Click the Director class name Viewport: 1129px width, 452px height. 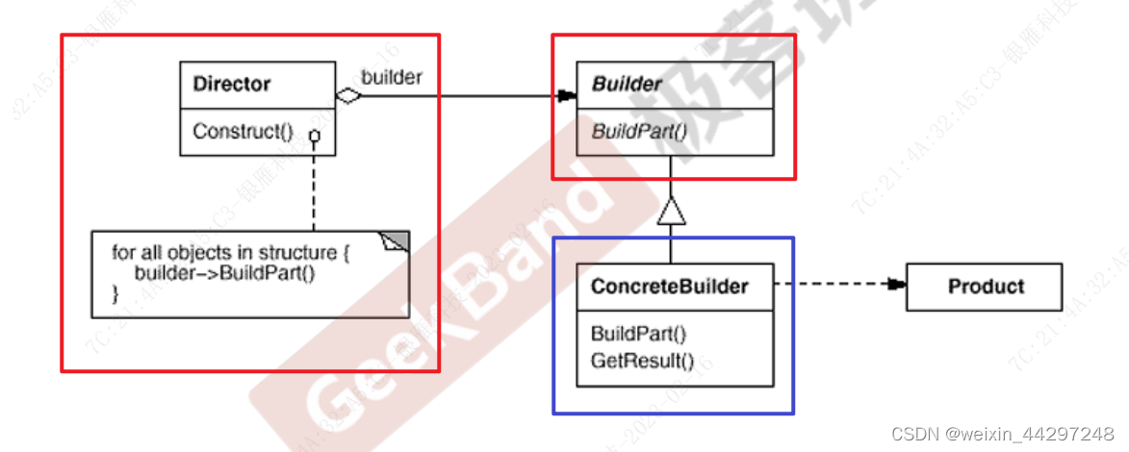point(231,84)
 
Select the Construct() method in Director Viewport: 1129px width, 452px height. point(243,132)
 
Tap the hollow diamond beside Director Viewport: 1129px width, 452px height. point(347,95)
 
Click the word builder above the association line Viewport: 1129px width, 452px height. point(392,77)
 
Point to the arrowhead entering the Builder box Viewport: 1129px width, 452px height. point(567,95)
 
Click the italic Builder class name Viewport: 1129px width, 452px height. point(627,84)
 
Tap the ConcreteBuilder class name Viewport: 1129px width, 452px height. point(669,286)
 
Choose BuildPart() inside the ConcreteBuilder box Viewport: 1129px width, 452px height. point(638,334)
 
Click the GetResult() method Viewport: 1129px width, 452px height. point(642,362)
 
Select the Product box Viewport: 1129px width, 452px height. point(986,286)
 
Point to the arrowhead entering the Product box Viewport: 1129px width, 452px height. point(897,285)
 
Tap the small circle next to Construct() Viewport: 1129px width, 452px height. point(314,138)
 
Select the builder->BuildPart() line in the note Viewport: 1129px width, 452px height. point(224,273)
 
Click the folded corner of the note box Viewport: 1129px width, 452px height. point(398,241)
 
